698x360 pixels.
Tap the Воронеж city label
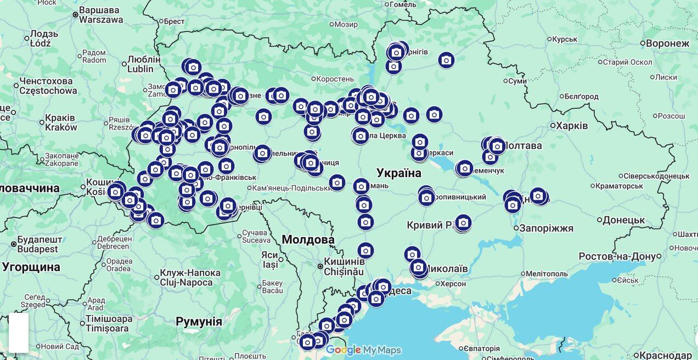click(667, 43)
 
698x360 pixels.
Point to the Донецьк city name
click(623, 220)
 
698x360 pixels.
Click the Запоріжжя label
click(545, 228)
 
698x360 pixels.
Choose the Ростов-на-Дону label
click(617, 256)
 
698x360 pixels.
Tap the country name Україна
click(399, 173)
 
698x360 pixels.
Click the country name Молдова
click(308, 240)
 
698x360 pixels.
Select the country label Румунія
click(199, 322)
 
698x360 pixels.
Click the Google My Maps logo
click(363, 350)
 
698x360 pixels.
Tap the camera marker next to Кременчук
click(464, 167)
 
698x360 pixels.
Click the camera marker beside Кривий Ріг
click(463, 222)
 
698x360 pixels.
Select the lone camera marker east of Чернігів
click(446, 60)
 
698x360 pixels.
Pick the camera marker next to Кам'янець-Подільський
click(337, 182)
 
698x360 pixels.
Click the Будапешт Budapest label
click(37, 244)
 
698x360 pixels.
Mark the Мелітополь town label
click(547, 273)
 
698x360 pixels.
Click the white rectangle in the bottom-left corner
click(19, 333)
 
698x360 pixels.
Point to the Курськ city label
click(565, 39)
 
